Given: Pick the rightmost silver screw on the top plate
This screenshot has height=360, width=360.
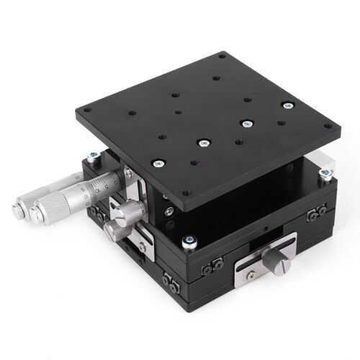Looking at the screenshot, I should (289, 106).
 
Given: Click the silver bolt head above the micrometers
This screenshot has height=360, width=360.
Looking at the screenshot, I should (93, 155).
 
